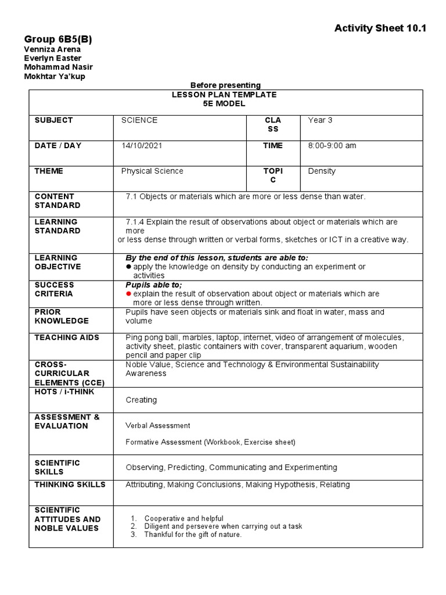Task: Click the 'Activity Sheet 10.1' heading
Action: point(380,28)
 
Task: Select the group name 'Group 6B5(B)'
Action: point(58,39)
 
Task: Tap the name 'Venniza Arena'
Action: point(52,49)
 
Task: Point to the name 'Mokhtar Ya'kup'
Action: point(54,77)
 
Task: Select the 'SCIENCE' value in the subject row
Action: point(139,120)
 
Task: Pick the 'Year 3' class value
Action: point(320,120)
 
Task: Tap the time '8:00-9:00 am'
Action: point(332,146)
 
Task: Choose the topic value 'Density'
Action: point(322,171)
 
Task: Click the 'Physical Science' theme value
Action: point(152,171)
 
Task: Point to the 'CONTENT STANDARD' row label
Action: point(58,201)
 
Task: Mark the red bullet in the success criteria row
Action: point(129,294)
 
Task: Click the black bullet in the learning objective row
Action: point(129,267)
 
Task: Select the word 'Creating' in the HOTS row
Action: point(141,400)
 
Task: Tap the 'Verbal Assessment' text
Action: point(158,426)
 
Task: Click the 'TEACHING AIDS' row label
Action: point(67,338)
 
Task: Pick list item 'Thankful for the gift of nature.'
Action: point(193,535)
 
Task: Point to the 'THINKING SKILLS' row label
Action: point(70,485)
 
